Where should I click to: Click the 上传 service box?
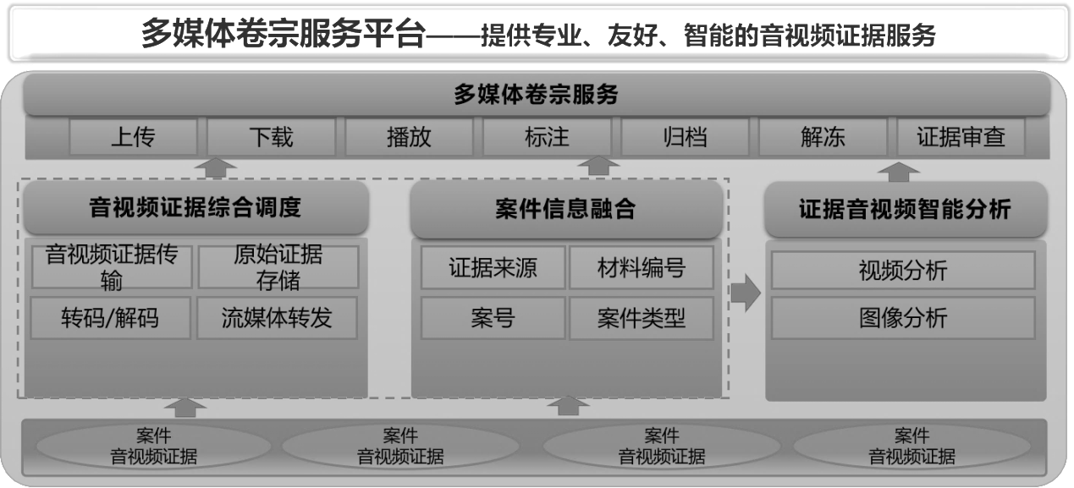[133, 137]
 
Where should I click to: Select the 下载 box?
[271, 137]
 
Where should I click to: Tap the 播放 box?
[409, 137]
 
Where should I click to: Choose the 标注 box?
[547, 137]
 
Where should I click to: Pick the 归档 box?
[685, 137]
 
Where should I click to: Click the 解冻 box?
[823, 137]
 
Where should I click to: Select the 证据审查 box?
[961, 137]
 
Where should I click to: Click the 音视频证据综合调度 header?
[196, 208]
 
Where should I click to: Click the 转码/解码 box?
[110, 318]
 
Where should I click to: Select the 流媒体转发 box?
[277, 318]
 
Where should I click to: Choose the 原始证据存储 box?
[278, 267]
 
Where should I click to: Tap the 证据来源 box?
[493, 269]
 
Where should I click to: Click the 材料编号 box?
[641, 269]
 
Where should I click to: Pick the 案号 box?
[493, 319]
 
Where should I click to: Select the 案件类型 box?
[641, 319]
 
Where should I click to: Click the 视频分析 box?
[903, 271]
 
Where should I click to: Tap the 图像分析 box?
[903, 319]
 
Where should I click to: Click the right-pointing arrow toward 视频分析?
[745, 293]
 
